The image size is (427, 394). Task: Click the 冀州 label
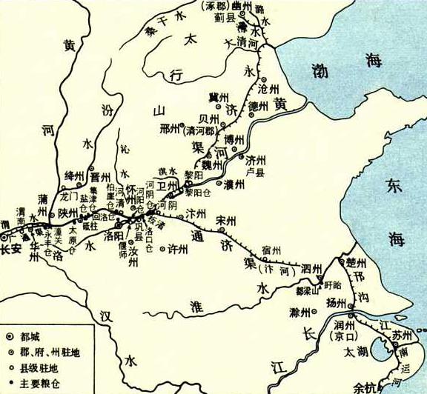click(216, 98)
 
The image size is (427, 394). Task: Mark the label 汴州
click(196, 213)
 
